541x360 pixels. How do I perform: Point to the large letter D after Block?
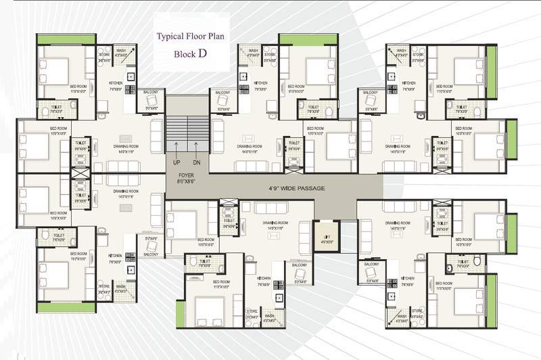tap(202, 53)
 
